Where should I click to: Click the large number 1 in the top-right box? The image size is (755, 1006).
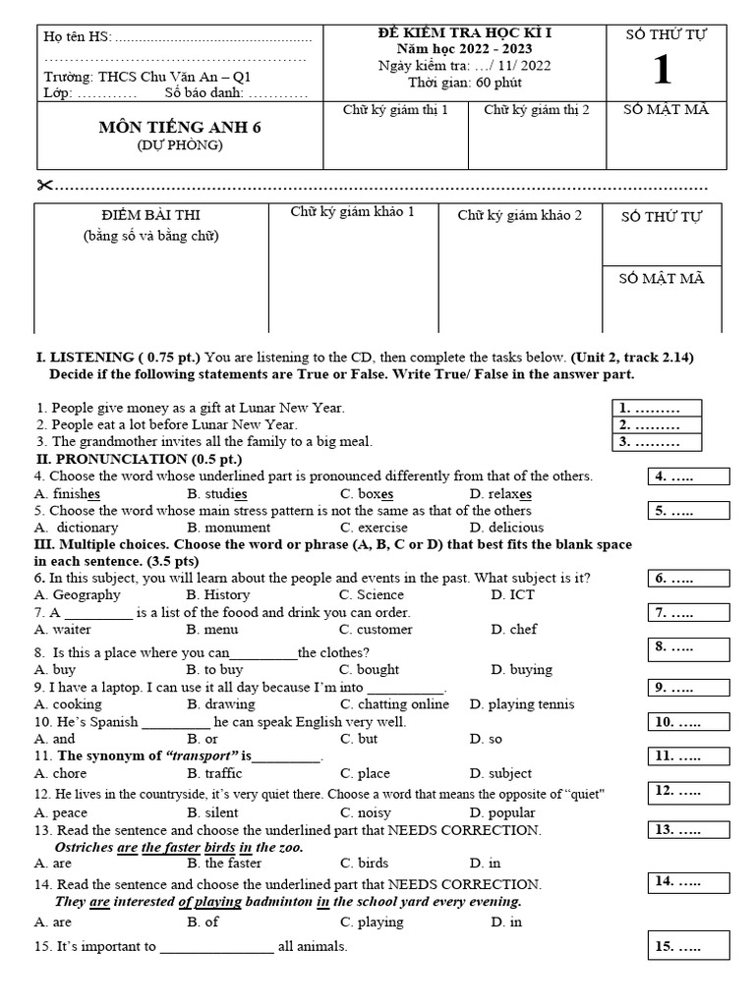click(664, 71)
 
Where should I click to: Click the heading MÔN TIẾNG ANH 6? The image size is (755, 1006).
click(180, 127)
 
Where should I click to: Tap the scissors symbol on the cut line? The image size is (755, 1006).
click(46, 186)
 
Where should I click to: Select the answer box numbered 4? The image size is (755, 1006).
click(688, 477)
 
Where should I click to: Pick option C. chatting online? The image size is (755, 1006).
click(394, 704)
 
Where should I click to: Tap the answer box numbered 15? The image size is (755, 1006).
click(688, 947)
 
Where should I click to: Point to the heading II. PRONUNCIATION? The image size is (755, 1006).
click(139, 459)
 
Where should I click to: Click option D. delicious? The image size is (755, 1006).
click(506, 528)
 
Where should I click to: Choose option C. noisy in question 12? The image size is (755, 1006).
click(365, 812)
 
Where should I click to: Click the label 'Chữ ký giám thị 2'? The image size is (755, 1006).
click(536, 110)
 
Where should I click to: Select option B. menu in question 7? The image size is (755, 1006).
click(212, 630)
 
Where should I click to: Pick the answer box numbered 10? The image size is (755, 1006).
click(688, 722)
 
